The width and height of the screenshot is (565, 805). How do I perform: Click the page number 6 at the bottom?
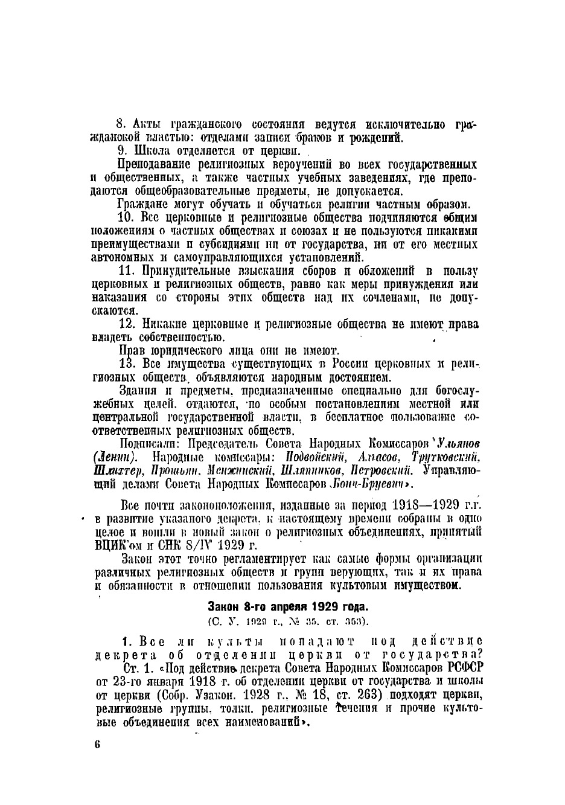point(97,744)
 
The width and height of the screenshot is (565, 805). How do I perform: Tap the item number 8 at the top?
point(120,124)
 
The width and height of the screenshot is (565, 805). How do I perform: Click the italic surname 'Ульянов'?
point(459,444)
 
